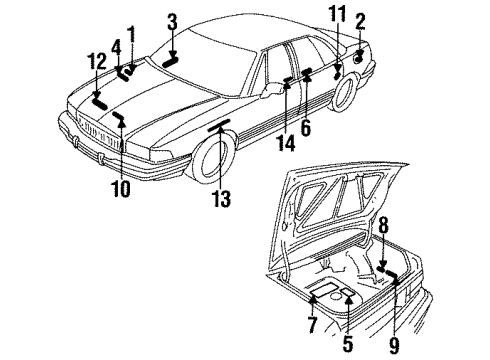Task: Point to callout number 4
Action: coord(116,46)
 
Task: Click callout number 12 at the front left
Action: coord(96,62)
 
